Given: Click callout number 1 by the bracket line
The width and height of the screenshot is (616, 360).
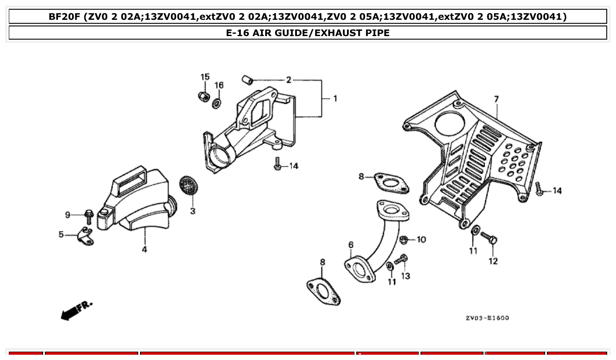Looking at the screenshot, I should coord(335,99).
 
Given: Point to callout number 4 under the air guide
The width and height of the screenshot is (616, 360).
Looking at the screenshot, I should coord(144,250).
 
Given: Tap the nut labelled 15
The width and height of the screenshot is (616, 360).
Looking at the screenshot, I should coord(203,96).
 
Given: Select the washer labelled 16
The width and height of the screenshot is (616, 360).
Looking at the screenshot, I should coord(217,103).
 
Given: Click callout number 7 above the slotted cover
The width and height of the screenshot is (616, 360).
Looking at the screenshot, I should coord(497,99).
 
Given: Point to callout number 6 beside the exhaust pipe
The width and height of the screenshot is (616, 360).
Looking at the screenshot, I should coord(350,245).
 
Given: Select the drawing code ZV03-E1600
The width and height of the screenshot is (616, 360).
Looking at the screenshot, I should coord(487,318).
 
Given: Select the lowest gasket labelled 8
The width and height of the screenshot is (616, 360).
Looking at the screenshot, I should coord(324,290).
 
